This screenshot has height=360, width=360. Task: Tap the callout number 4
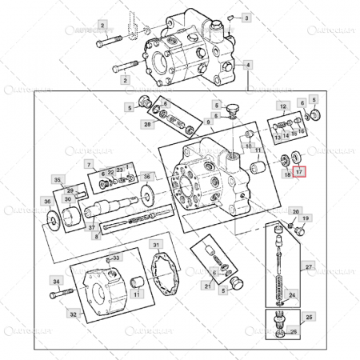tap(248, 64)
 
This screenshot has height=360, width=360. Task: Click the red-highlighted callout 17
tap(298, 171)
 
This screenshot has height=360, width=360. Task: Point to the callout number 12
tap(282, 106)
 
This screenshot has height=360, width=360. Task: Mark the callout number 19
tap(306, 218)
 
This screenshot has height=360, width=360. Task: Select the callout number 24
tap(293, 295)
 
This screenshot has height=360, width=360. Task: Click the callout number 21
tap(207, 286)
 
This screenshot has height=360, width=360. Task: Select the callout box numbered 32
tap(73, 315)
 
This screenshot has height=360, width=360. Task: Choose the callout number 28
tap(147, 124)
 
